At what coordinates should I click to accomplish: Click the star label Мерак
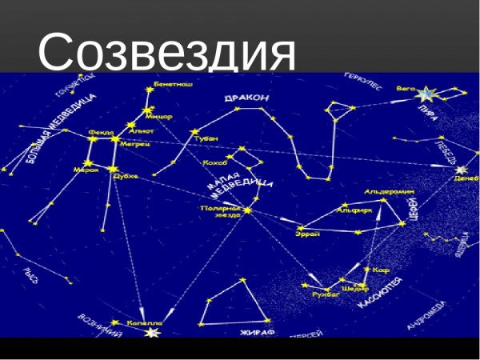click(86, 170)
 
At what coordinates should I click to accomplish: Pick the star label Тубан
click(206, 138)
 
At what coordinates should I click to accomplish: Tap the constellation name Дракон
click(246, 98)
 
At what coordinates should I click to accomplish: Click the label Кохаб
click(216, 162)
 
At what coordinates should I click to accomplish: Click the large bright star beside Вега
click(426, 95)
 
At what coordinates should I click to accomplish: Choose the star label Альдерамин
click(389, 192)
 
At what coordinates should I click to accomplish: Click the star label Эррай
click(307, 234)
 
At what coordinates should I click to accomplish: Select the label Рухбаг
click(325, 294)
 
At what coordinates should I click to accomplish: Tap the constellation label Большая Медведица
click(61, 128)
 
